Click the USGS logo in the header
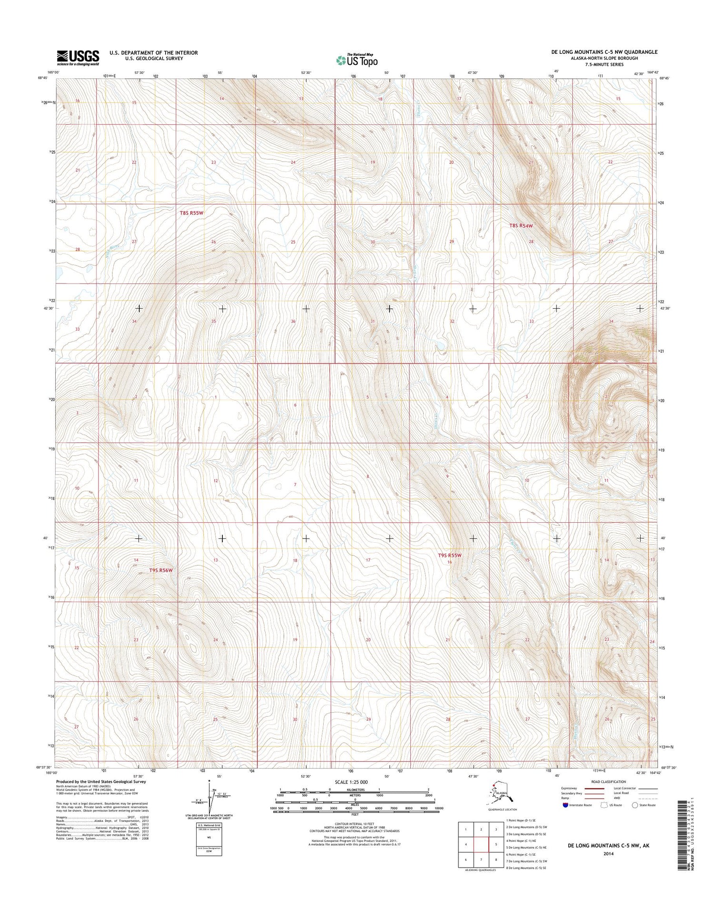[x=78, y=57]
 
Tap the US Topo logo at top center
[x=357, y=60]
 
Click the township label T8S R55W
[x=191, y=213]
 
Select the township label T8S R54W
[x=521, y=226]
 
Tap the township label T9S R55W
[x=449, y=555]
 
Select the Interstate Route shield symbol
[x=565, y=805]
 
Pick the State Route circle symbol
[x=635, y=805]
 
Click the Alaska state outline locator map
[x=499, y=794]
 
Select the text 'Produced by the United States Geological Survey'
[x=101, y=781]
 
